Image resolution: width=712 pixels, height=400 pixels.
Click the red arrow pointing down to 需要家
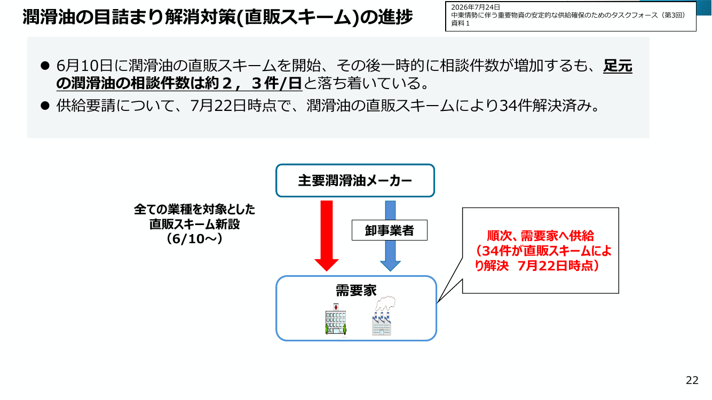tap(327, 235)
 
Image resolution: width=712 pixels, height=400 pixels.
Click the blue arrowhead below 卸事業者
tap(390, 266)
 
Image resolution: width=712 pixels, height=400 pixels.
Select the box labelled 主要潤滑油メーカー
tap(355, 180)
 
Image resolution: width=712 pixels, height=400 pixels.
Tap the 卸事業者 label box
tap(390, 230)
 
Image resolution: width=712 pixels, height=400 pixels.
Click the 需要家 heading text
tap(356, 290)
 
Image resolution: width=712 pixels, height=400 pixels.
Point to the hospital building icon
tap(336, 319)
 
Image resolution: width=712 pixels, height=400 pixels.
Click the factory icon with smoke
tap(383, 316)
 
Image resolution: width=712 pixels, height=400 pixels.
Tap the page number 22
tap(692, 380)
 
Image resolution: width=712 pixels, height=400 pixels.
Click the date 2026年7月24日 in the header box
tap(476, 7)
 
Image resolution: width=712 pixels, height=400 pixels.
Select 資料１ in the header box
tap(460, 23)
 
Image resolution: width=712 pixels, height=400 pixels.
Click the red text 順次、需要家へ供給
tap(540, 236)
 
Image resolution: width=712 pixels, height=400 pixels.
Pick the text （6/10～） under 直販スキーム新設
tap(194, 238)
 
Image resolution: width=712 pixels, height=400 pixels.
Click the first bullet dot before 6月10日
tap(45, 66)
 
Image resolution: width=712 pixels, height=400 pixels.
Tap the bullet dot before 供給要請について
tap(45, 106)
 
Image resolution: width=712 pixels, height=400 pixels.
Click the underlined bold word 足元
tap(618, 66)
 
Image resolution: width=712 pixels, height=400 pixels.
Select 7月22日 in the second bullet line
tap(218, 106)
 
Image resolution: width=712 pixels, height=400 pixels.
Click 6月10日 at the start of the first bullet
tap(85, 66)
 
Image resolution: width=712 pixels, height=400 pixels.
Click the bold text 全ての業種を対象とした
tap(194, 210)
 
